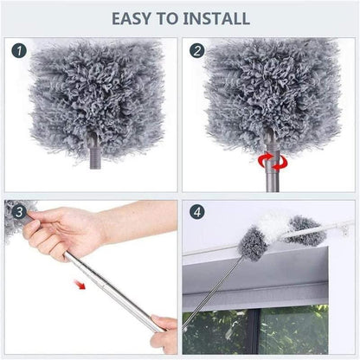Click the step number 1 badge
click(x=19, y=52)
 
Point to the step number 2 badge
click(x=197, y=52)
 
